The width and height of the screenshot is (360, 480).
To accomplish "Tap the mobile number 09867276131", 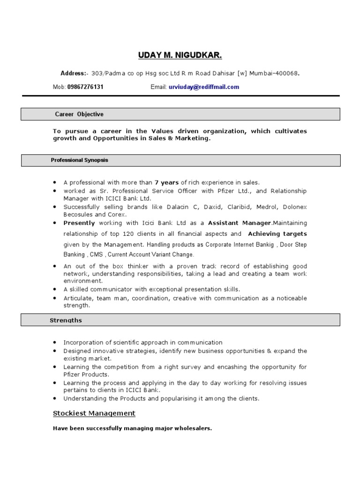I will [x=85, y=87].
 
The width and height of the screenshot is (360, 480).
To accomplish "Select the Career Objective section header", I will [x=79, y=114].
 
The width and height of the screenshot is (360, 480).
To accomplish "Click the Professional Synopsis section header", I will [x=79, y=160].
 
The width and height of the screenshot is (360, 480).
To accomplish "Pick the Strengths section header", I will [x=66, y=321].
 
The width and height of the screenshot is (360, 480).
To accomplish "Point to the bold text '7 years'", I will [x=167, y=183].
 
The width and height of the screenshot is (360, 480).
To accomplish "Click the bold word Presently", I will [x=79, y=223].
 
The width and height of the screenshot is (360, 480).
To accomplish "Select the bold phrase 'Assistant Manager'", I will [x=240, y=223].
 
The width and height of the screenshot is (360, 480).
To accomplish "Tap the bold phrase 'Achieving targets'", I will [x=277, y=234].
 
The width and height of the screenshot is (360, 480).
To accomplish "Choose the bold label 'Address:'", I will [x=74, y=74].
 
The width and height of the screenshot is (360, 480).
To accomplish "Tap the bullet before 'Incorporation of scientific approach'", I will [x=55, y=343].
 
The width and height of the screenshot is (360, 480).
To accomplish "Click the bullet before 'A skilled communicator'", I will [x=55, y=290].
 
